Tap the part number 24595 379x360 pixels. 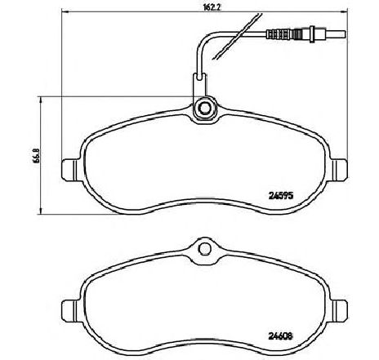point(282,194)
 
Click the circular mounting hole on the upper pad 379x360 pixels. point(205,108)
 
